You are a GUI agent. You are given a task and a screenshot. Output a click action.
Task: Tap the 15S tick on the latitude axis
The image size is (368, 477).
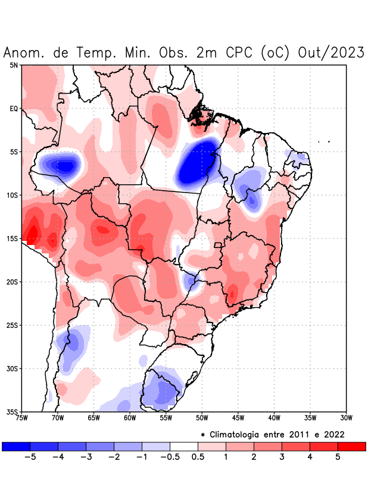[x=13, y=238]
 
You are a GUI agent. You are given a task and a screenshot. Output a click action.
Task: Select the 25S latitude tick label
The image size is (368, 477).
[x=13, y=325]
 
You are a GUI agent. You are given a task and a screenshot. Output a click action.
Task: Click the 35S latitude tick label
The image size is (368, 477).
[x=13, y=411]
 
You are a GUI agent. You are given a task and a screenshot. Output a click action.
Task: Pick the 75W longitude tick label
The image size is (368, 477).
[x=22, y=417]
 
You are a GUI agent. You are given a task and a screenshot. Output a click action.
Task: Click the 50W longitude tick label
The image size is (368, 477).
[x=202, y=417]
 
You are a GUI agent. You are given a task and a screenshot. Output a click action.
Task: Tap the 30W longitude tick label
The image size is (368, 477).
[x=346, y=417]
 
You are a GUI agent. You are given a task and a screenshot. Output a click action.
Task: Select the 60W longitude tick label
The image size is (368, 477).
[x=130, y=417]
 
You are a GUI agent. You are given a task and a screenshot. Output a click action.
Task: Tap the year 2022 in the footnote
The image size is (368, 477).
[x=333, y=434]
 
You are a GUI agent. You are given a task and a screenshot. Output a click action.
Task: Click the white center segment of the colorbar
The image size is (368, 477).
[x=183, y=446]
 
